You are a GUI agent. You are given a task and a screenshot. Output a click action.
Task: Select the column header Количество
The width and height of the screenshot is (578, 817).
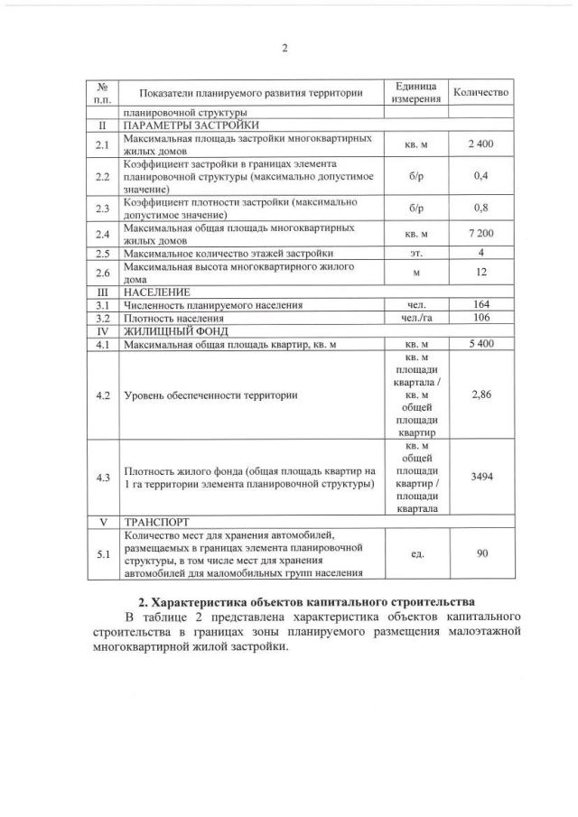tap(480, 92)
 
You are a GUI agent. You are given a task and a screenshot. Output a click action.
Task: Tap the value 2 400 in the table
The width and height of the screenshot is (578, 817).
tap(480, 144)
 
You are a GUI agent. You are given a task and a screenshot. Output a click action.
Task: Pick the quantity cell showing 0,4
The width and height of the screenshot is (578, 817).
tap(480, 176)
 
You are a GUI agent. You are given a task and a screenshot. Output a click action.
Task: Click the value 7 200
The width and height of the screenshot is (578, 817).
tap(480, 234)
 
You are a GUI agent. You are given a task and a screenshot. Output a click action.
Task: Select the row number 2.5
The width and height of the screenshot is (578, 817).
tap(102, 253)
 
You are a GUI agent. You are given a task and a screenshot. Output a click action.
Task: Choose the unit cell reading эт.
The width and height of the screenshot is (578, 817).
tap(416, 253)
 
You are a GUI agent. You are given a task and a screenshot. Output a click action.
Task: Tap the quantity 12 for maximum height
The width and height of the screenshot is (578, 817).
tap(480, 273)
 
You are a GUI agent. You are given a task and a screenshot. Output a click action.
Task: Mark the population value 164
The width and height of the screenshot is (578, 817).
tap(480, 305)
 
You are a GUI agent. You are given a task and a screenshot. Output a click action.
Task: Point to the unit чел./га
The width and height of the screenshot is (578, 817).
tap(416, 318)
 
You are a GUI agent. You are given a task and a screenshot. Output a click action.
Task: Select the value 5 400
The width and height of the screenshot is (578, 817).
tap(480, 344)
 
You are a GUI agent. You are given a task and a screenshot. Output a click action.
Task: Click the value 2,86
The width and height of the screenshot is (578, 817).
tap(480, 395)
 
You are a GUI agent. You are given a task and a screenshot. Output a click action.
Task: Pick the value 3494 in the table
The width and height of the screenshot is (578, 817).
tap(480, 477)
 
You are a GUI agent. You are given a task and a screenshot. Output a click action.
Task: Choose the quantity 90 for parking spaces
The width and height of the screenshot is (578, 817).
tap(480, 552)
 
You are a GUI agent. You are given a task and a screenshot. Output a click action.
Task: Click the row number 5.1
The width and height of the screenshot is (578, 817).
tap(102, 552)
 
